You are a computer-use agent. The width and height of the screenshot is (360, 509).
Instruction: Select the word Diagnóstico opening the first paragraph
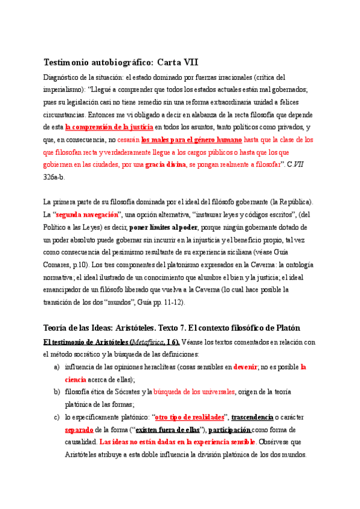pos(63,77)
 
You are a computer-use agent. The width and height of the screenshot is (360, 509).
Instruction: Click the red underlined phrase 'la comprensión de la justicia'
pos(109,127)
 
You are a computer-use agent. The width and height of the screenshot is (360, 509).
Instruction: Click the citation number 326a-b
pos(55,177)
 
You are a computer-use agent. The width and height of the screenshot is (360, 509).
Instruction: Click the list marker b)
pos(57,392)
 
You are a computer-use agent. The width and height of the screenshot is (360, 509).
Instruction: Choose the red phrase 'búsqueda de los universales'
pos(194,392)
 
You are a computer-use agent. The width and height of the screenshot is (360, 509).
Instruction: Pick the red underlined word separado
pos(79,430)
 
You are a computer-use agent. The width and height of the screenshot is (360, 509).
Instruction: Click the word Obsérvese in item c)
pos(276,442)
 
